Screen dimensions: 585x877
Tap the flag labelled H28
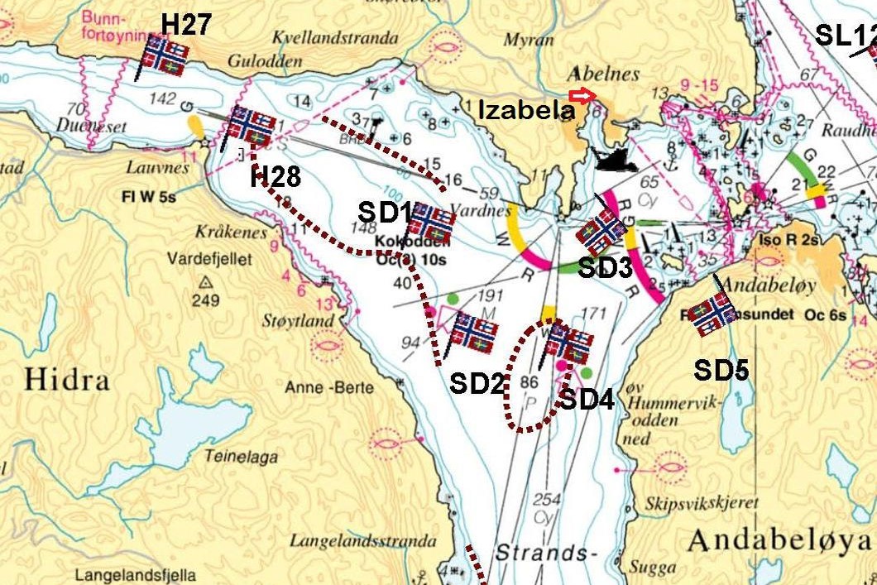[252, 126]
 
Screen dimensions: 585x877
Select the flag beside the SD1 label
[431, 223]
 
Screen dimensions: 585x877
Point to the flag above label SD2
[473, 333]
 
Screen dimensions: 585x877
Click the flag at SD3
[601, 233]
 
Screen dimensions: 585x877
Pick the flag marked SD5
[712, 313]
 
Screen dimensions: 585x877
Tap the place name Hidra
[67, 380]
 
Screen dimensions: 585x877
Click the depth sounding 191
[490, 295]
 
